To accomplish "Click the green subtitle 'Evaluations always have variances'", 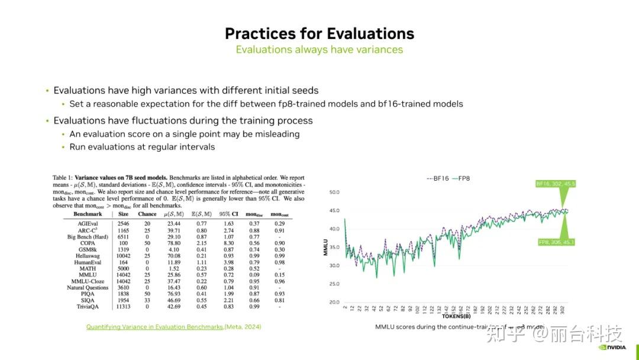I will click(x=319, y=50).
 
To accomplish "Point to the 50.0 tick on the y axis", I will click(x=334, y=192).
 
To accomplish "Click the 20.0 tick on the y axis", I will click(x=334, y=302).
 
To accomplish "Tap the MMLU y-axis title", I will click(x=325, y=247).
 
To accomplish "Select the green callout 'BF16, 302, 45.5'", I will click(x=556, y=184).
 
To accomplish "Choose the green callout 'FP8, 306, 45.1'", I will click(x=556, y=242).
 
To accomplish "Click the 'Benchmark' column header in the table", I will click(x=88, y=214).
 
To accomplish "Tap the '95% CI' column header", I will click(x=228, y=214).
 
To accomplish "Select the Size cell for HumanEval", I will click(x=123, y=262).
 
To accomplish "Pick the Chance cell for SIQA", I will click(x=147, y=300).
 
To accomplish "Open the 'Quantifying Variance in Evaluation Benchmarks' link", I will click(x=155, y=327).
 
